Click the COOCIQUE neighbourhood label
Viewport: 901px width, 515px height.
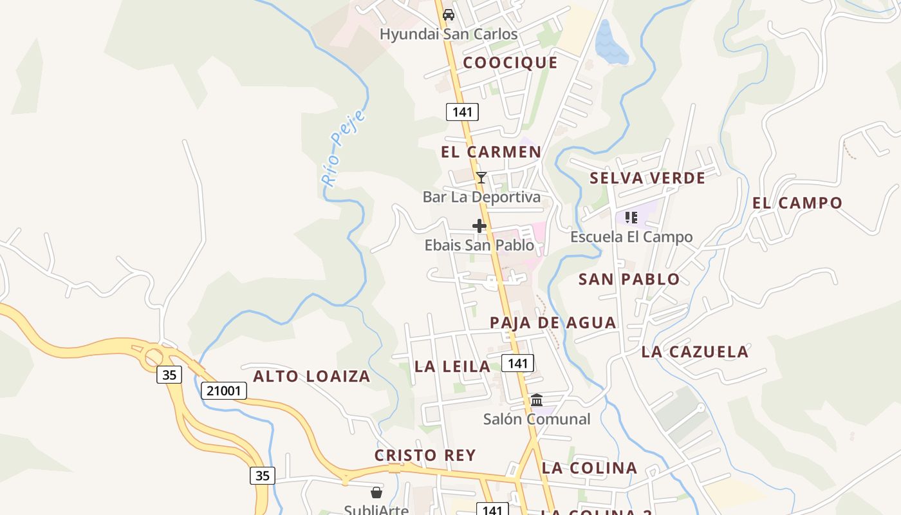click(x=510, y=62)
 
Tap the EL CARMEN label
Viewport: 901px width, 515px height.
click(x=491, y=152)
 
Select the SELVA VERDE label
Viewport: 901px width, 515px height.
click(x=647, y=178)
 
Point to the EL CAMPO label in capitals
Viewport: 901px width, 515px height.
click(x=797, y=203)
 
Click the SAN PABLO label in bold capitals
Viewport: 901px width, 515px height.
click(x=629, y=279)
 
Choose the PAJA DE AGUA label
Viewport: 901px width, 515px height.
click(x=553, y=323)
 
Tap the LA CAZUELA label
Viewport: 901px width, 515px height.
click(x=695, y=351)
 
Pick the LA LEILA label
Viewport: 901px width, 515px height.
click(x=452, y=366)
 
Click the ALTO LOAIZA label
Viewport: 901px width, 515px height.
click(x=311, y=376)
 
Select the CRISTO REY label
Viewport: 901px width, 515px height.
click(x=425, y=455)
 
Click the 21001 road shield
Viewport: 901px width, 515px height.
click(x=224, y=390)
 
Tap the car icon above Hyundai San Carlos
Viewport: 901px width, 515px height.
click(x=449, y=15)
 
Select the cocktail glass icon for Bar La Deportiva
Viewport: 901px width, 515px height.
click(x=481, y=178)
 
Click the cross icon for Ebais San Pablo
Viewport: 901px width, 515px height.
click(x=479, y=226)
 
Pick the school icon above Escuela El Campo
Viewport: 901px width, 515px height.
click(x=631, y=218)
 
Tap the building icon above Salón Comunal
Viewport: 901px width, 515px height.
click(x=537, y=400)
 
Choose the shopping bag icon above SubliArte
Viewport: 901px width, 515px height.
click(x=376, y=492)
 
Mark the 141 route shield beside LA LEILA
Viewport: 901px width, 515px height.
click(x=517, y=364)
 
